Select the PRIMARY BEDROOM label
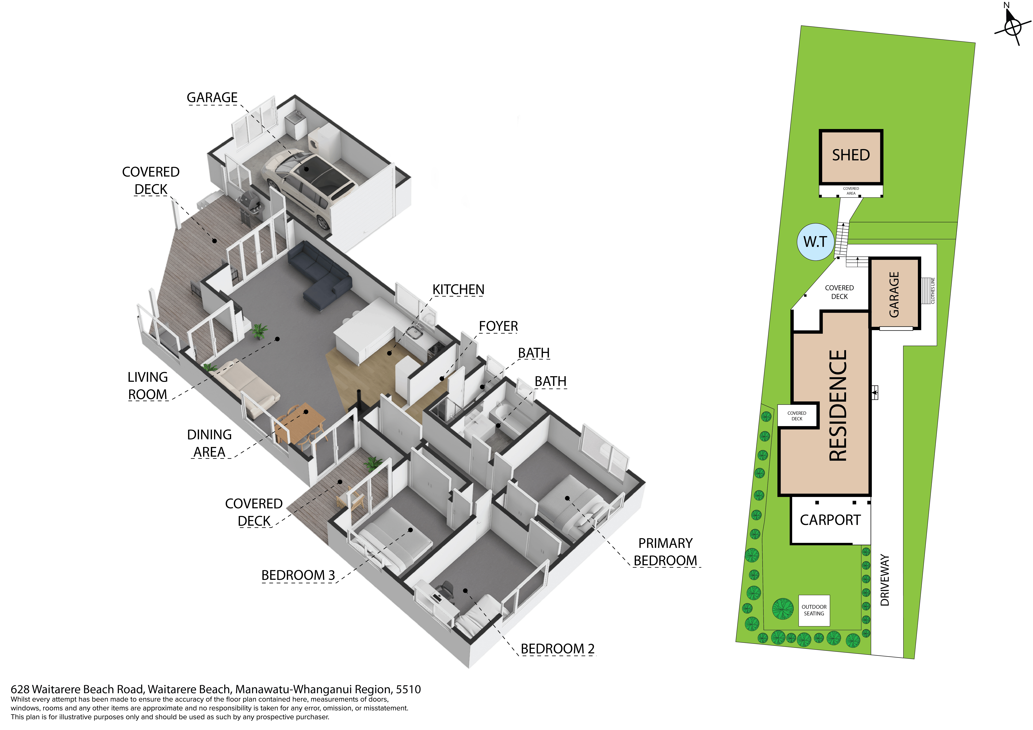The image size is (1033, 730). point(665,552)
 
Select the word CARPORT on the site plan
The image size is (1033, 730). point(830,520)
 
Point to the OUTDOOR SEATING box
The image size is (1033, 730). point(814,610)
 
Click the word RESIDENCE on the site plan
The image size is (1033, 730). point(838,405)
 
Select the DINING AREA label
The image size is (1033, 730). point(209,443)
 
